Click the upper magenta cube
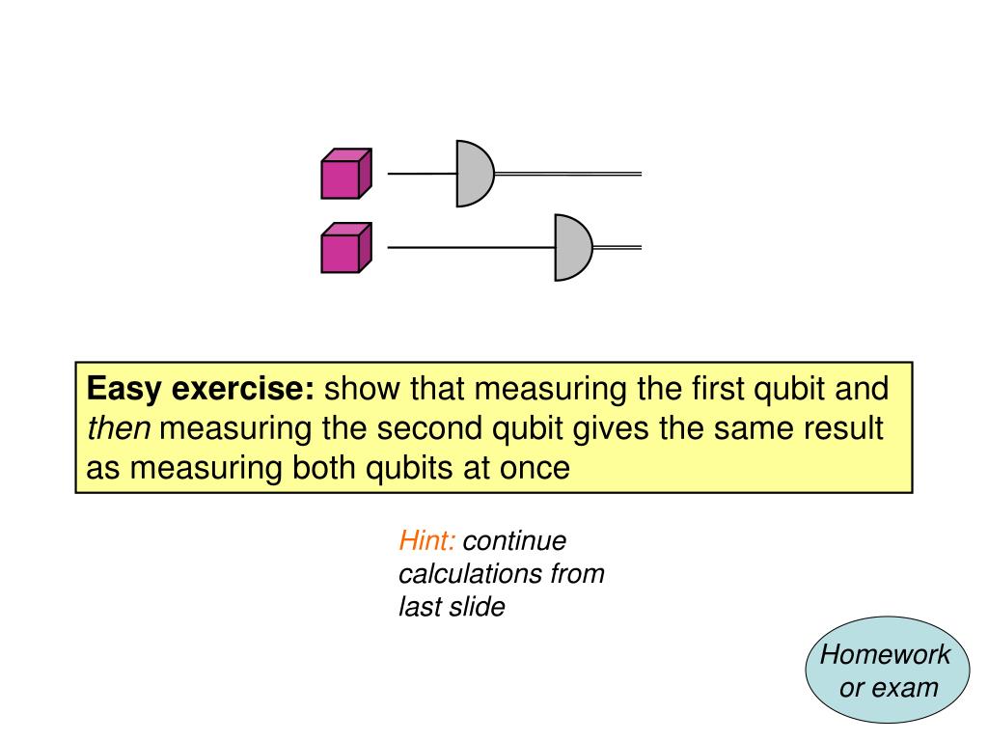[345, 175]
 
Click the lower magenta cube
[345, 249]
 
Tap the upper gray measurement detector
[474, 174]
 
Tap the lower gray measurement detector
[572, 248]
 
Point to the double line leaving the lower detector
[617, 248]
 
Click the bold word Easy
[124, 390]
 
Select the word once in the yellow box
[535, 468]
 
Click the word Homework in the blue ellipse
[885, 655]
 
